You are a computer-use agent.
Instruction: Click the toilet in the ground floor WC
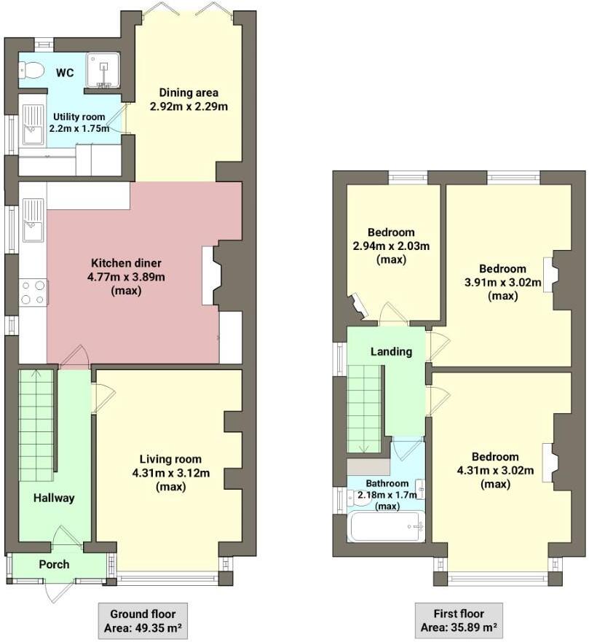click(33, 71)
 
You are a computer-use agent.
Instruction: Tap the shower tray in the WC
click(103, 71)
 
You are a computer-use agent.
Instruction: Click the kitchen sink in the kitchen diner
click(33, 220)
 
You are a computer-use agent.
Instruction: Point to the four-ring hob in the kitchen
click(33, 292)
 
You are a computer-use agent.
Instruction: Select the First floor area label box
click(459, 620)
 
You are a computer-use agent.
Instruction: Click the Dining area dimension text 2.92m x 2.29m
click(189, 106)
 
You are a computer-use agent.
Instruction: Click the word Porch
click(54, 564)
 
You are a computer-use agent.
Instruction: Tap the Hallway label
click(53, 498)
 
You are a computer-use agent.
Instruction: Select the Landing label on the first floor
click(391, 351)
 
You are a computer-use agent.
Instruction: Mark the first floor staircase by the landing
click(365, 408)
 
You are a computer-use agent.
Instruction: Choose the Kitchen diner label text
click(126, 263)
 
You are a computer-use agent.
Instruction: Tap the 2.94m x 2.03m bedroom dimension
click(391, 246)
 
